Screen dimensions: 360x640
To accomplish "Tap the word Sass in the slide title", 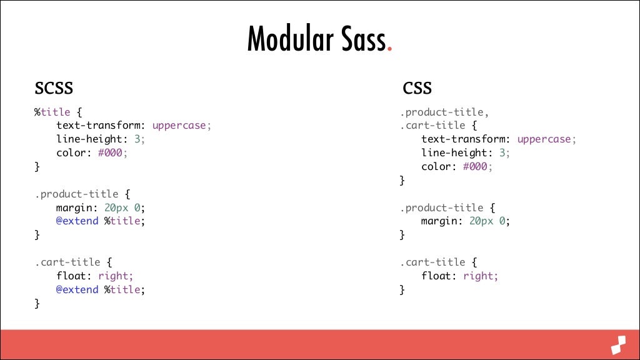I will click(359, 40).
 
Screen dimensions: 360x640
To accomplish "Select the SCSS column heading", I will click(54, 87).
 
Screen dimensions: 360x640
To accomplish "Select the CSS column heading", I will click(417, 87).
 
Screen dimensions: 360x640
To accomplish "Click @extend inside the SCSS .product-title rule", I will click(77, 221).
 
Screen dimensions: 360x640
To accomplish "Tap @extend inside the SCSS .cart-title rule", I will click(77, 289).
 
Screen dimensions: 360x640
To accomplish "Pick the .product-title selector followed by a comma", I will click(443, 112).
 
